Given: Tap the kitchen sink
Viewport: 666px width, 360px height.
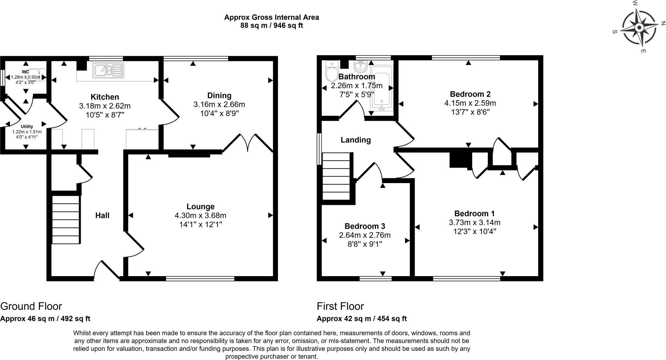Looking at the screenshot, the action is [108, 70].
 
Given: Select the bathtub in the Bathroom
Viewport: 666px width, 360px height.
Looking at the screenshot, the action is [382, 88].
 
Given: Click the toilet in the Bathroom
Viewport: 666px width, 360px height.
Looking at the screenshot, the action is [332, 71].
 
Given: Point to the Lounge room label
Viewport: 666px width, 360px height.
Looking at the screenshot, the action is [201, 207].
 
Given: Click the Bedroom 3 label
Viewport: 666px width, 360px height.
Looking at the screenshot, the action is [365, 226].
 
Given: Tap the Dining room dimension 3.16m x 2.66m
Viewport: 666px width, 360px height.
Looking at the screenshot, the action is [219, 105].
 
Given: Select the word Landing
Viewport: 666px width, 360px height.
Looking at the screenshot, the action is [356, 140].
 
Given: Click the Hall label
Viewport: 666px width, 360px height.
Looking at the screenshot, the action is [102, 215].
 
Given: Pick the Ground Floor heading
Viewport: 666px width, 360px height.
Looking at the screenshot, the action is [31, 306].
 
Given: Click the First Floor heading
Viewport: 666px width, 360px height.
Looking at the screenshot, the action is [340, 306].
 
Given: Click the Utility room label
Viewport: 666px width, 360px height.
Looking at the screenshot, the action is [27, 127].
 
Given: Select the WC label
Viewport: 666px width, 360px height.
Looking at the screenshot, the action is [25, 72].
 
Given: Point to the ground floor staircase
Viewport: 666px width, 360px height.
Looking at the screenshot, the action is [66, 220].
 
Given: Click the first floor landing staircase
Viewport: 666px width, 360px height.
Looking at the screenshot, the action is [336, 176].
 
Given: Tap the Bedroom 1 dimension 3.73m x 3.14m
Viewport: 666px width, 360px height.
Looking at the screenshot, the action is [475, 223].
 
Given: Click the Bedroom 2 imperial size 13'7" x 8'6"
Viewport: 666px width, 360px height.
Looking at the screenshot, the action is [470, 112].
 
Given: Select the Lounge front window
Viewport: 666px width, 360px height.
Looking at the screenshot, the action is [200, 278].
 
